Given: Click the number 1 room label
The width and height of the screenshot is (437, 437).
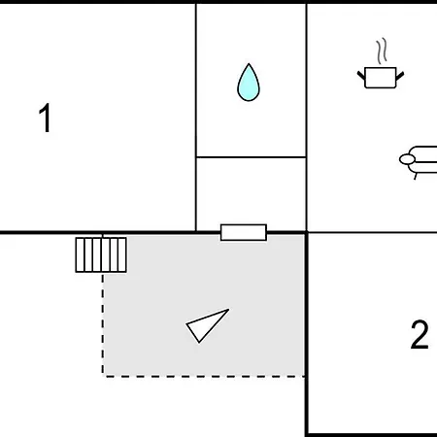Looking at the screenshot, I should coord(45,118).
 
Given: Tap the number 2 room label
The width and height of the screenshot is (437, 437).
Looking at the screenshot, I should coord(419,336).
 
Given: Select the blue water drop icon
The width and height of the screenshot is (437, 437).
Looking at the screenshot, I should coord(250,83).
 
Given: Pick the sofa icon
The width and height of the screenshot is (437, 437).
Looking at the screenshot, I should coord(419,162).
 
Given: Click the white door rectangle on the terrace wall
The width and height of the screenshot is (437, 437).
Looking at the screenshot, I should coord(243,232).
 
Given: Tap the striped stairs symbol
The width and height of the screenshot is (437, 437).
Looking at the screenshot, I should coord(101,254).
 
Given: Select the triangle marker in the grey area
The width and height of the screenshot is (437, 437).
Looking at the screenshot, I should coord(207,325).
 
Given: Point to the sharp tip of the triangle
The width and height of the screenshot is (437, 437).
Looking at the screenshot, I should coord(227,311).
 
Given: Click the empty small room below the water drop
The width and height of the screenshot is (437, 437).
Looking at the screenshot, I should coord(251,193).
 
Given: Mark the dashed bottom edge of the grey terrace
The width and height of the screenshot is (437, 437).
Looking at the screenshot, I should coord(204,375).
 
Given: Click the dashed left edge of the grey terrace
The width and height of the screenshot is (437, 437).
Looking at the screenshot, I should coord(103,320).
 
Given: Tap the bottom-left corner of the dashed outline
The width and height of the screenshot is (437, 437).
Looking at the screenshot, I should coord(103,375).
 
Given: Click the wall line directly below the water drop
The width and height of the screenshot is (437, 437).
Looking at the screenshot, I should coord(251,156).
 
